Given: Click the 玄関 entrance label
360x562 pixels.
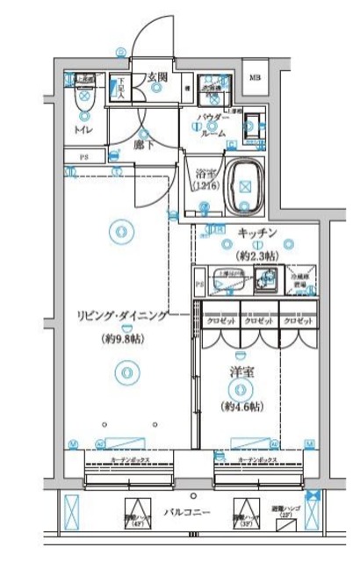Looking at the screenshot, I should [158, 76].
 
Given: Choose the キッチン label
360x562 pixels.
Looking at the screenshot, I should [257, 234].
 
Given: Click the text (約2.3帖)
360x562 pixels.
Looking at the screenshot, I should [257, 256].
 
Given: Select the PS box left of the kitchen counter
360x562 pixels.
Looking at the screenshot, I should [198, 285].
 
